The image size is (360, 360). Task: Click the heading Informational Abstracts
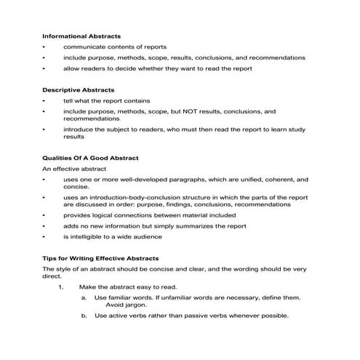click(x=81, y=35)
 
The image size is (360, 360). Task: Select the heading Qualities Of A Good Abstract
click(x=90, y=157)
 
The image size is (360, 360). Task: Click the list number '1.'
click(x=62, y=287)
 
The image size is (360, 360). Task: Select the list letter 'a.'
click(x=84, y=297)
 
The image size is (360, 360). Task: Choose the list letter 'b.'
click(x=84, y=316)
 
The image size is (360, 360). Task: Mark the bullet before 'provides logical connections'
click(x=44, y=215)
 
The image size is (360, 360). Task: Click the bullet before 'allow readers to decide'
click(x=44, y=68)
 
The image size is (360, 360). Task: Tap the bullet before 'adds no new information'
click(x=44, y=226)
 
